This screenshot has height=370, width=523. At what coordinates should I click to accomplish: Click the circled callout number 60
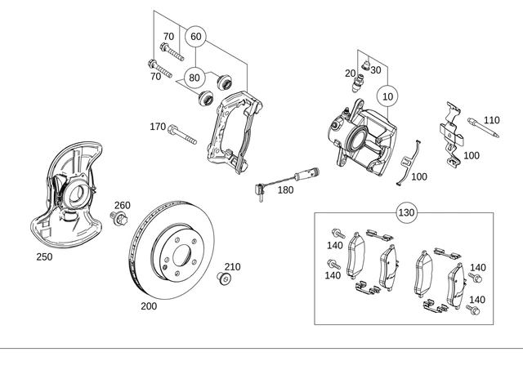click(195, 37)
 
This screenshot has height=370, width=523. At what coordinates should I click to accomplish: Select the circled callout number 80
click(194, 78)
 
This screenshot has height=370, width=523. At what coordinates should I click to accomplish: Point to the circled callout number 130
click(406, 213)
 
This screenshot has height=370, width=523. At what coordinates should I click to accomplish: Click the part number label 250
click(44, 256)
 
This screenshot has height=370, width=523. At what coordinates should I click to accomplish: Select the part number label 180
click(284, 189)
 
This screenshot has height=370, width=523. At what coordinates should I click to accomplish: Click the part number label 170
click(157, 127)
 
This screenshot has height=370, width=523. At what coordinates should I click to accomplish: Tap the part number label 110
click(490, 120)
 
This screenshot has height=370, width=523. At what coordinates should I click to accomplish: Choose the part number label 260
click(122, 205)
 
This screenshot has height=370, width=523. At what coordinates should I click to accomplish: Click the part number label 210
click(233, 266)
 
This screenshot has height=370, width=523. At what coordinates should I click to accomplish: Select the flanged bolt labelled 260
click(119, 218)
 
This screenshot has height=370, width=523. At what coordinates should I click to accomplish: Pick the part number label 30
click(376, 70)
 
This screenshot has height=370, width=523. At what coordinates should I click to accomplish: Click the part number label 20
click(350, 74)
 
